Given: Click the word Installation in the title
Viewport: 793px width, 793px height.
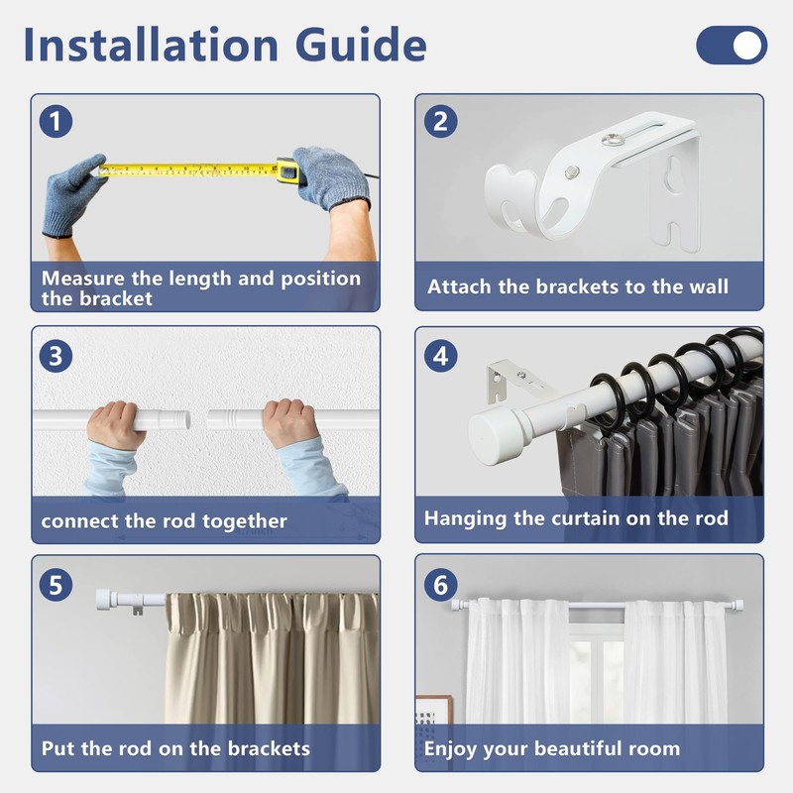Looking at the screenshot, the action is point(151,45).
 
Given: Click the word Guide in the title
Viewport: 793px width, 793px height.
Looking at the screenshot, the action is point(361,45).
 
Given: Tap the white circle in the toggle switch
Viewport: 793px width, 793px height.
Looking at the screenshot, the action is point(747,45).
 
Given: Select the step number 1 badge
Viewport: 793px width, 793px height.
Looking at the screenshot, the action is point(56,121).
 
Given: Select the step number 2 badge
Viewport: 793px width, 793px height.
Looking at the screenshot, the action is point(440,121).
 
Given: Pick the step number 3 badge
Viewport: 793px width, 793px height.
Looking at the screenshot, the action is point(56,356).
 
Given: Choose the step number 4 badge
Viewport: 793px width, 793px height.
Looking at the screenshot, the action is point(440,356).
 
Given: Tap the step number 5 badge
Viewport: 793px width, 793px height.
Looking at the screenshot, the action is point(56,585).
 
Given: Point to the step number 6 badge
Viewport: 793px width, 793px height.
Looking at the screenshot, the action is point(440,585).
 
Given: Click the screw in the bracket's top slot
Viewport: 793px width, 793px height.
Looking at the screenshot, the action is point(613,139).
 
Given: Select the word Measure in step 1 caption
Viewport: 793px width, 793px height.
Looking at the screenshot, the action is point(83,279).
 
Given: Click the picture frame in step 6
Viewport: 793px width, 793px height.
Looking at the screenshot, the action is point(433,710).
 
